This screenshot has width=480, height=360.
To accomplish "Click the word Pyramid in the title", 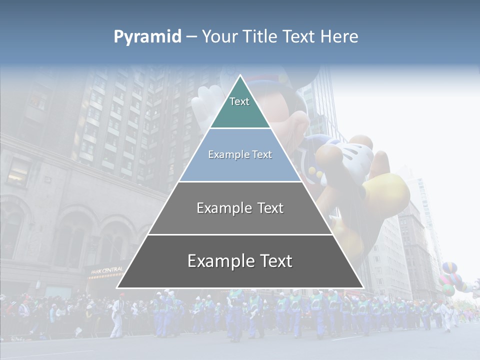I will tap(147, 36).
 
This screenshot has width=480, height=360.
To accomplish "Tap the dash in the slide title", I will tap(191, 36).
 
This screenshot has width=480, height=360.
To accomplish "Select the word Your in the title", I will tap(219, 36).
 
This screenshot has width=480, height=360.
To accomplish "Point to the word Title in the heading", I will tap(260, 36).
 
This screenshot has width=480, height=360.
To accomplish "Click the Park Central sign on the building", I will tap(106, 270).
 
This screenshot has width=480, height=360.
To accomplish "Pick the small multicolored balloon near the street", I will tap(449, 277).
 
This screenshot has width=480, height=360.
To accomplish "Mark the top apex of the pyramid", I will tap(240, 75).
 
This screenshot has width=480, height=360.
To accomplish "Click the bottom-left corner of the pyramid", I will tap(117, 288).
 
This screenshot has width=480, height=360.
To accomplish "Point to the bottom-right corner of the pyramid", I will tap(363, 288).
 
